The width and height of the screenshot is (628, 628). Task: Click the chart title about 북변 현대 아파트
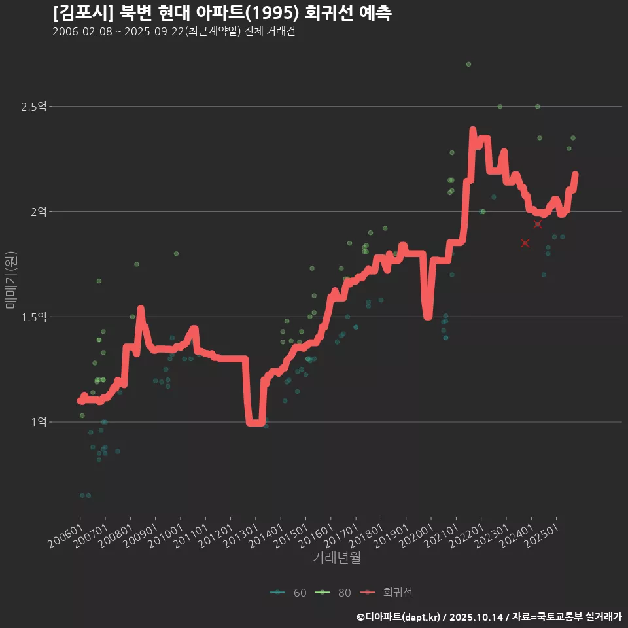click(222, 12)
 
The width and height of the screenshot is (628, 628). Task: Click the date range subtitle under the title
click(174, 32)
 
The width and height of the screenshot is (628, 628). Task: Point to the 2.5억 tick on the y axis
click(33, 106)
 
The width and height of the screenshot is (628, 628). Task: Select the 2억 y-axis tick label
click(38, 211)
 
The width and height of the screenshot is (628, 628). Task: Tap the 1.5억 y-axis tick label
click(33, 317)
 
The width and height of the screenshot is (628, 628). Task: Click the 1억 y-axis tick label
click(38, 422)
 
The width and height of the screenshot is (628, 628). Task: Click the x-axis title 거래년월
click(336, 558)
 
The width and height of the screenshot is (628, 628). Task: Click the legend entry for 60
click(288, 593)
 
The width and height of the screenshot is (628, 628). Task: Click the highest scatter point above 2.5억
click(468, 64)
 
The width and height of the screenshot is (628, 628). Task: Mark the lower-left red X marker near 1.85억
click(525, 243)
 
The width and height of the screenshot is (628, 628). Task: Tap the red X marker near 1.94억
click(538, 224)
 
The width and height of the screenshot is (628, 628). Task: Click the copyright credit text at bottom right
click(489, 616)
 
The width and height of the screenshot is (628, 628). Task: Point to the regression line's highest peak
click(472, 130)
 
